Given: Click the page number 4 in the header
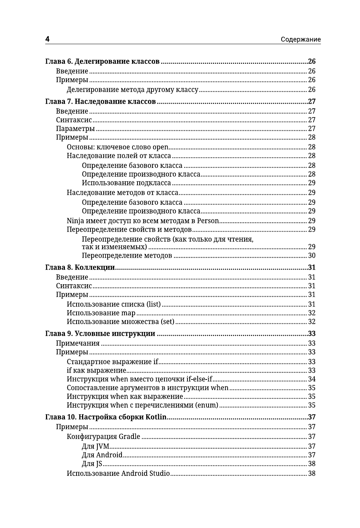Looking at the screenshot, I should [47, 39].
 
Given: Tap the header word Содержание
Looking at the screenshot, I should [301, 40].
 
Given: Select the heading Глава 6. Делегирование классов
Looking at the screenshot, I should [102, 61].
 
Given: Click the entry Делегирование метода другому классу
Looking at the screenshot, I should [132, 90].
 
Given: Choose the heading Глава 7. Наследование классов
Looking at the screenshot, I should [101, 101].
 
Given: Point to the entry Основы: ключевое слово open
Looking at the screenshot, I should [117, 147].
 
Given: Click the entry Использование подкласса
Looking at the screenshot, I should [126, 183].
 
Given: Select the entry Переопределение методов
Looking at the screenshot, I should [127, 256].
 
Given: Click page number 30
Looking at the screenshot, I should [311, 256].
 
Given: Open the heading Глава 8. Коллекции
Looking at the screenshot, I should [80, 267].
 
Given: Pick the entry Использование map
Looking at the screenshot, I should [101, 313].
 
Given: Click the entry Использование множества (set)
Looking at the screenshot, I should [120, 322].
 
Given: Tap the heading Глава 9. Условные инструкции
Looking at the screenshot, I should [100, 334].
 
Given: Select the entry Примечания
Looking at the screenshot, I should [78, 343].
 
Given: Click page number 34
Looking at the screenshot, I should [311, 379].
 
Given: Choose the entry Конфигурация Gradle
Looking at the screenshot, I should [103, 437].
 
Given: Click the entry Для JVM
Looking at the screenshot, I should [95, 446].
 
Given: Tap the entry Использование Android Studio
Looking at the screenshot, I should [118, 474].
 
